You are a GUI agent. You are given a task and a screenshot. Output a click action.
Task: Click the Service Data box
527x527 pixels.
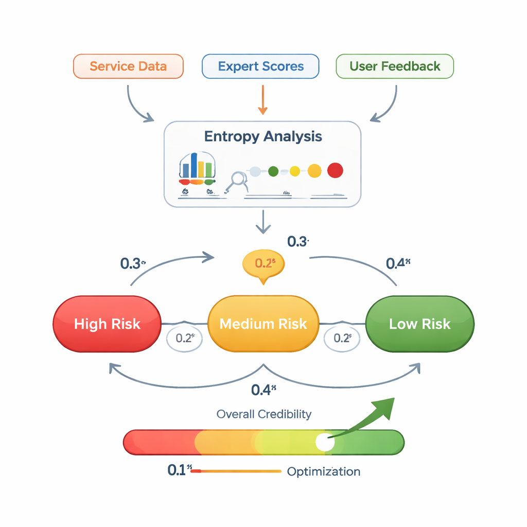tap(128, 66)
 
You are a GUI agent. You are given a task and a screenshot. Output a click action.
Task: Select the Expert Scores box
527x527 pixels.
tap(260, 66)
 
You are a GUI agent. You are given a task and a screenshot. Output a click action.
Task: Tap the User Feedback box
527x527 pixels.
tap(395, 66)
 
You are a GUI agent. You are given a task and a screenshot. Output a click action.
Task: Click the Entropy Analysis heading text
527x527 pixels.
tap(263, 136)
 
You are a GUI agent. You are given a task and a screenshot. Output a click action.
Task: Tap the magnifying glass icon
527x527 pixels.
tap(238, 180)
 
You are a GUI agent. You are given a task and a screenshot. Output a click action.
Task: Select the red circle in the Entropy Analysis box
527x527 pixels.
tap(335, 170)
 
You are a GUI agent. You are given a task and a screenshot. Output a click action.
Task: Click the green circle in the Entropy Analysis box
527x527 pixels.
tap(273, 171)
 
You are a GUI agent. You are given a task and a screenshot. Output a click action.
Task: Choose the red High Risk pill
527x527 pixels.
tap(107, 324)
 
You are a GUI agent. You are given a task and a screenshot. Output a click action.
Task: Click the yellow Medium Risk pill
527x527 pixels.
tap(263, 324)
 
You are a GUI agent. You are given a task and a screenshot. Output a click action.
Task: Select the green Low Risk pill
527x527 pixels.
tap(419, 324)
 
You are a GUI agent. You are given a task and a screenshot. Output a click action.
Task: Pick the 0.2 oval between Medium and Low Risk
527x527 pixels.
tap(342, 338)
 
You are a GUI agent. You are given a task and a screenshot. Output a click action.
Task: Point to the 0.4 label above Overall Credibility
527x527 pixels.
tap(263, 390)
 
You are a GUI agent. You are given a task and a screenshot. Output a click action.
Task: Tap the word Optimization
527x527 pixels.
tap(323, 471)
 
